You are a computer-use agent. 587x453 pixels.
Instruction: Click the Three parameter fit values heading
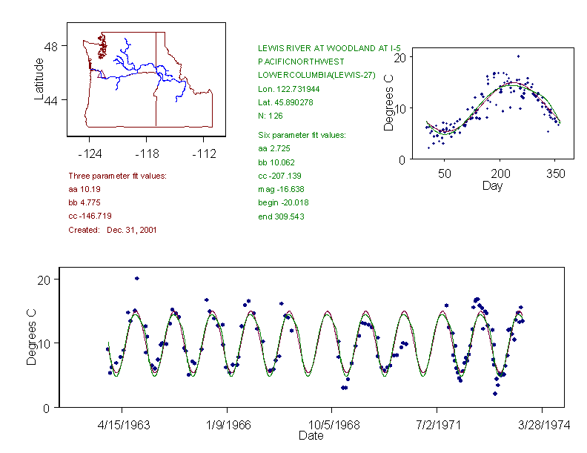pos(117,176)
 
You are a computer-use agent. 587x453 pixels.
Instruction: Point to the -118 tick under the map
pos(146,153)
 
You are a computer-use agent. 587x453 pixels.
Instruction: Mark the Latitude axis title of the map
pos(40,79)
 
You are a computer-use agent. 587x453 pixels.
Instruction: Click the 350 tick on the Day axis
pos(556,173)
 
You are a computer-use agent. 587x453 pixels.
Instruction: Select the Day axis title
pos(492,185)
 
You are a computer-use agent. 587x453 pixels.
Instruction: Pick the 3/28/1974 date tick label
pos(542,426)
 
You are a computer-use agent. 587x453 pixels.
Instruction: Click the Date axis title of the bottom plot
pos(311,436)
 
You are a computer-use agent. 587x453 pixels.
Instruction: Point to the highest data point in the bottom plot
pos(137,278)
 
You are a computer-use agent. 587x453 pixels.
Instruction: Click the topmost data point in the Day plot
pos(518,56)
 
